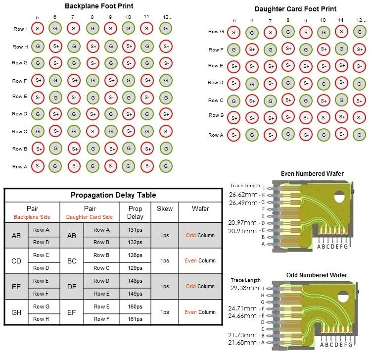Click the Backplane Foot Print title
tap(99, 6)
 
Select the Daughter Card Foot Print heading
tap(295, 9)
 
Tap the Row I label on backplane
tap(20, 29)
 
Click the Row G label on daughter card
tap(216, 32)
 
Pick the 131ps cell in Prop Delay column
tap(135, 230)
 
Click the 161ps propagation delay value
tap(135, 319)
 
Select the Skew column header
tap(165, 208)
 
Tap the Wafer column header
tap(200, 208)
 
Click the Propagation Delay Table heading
tap(113, 195)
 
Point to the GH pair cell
tap(16, 312)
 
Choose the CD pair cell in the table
tap(16, 261)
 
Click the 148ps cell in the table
tap(135, 281)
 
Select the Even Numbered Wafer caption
tap(312, 173)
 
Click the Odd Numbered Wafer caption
tap(317, 275)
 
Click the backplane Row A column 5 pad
tap(38, 166)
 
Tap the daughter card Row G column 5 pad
tap(234, 32)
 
